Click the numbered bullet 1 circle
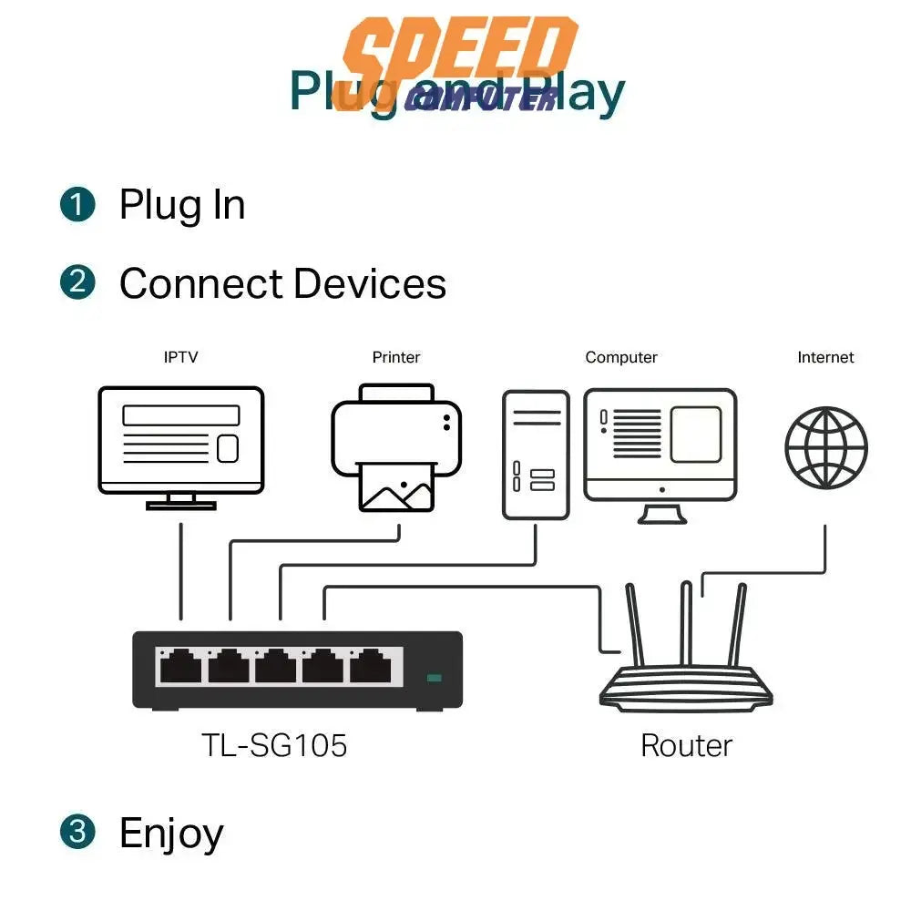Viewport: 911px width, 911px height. tap(77, 204)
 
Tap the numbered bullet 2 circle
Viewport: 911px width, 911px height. tap(77, 282)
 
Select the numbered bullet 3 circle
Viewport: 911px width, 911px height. tap(77, 832)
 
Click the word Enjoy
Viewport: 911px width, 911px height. tap(171, 834)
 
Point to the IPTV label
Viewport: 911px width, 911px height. tap(180, 357)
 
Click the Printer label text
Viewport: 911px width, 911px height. tap(396, 357)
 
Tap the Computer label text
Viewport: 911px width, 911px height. tap(621, 357)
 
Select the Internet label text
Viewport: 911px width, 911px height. tap(825, 357)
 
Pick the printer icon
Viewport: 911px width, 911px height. tap(396, 446)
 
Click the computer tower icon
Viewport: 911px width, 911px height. tap(536, 455)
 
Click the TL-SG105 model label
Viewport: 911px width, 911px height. tap(274, 746)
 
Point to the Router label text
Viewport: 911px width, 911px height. tap(686, 745)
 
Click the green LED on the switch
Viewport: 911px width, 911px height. tap(434, 678)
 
